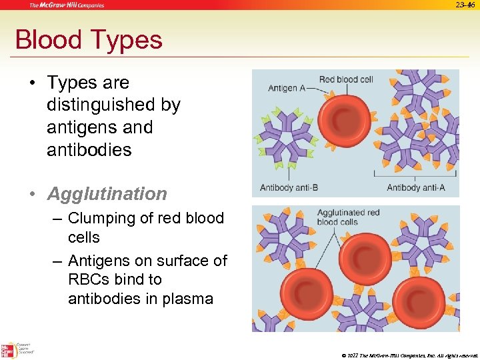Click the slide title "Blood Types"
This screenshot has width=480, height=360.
tap(89, 40)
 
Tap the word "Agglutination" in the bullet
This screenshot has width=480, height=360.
tap(107, 194)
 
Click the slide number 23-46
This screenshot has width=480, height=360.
tap(465, 5)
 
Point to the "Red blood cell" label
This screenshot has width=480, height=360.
tap(346, 79)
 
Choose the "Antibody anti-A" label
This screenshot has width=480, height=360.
tap(415, 187)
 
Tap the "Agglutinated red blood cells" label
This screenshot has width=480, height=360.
tap(347, 217)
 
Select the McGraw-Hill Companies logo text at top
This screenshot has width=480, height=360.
tap(67, 5)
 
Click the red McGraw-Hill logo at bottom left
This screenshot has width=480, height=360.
tap(9, 351)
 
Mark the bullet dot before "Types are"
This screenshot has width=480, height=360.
tap(31, 83)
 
